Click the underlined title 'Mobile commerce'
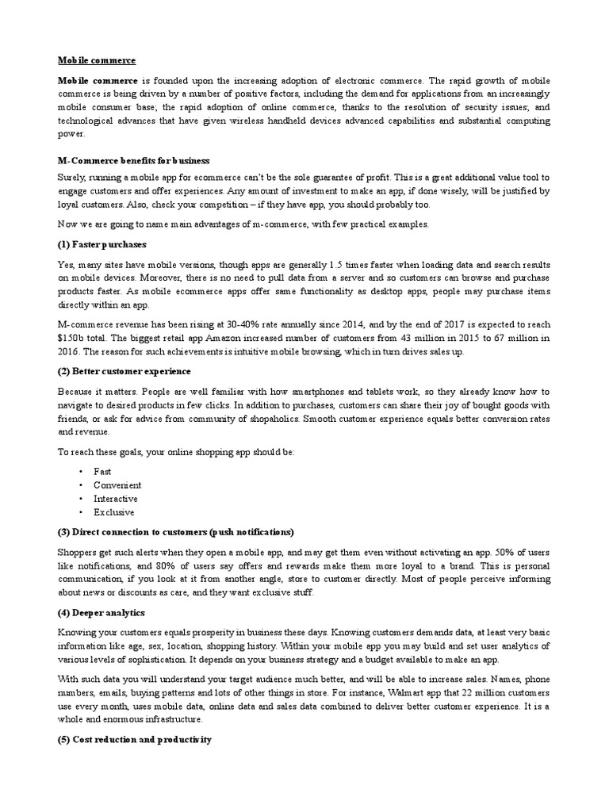(x=96, y=60)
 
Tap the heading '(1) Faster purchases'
(x=101, y=243)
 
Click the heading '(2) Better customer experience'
(x=124, y=371)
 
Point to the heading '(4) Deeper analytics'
(x=101, y=612)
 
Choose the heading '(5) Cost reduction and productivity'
(x=134, y=740)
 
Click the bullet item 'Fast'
(x=102, y=471)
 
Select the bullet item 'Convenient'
(x=117, y=485)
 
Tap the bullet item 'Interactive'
(x=116, y=499)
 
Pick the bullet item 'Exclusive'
(x=114, y=512)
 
